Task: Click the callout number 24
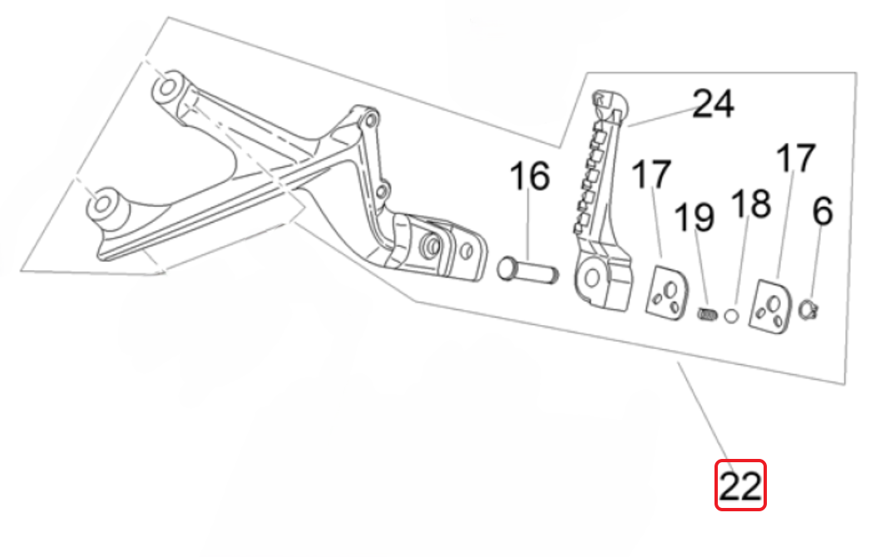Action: [x=713, y=105]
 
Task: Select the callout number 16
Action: [x=530, y=177]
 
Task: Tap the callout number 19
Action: [x=694, y=217]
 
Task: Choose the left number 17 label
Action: [x=651, y=175]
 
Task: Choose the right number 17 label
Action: [x=796, y=159]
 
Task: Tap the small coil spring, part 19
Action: [x=706, y=315]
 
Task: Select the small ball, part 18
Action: [x=731, y=315]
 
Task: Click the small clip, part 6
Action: [x=808, y=311]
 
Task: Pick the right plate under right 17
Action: [x=773, y=307]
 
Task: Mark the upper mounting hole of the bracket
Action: [x=167, y=86]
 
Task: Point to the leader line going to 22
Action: [x=705, y=412]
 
